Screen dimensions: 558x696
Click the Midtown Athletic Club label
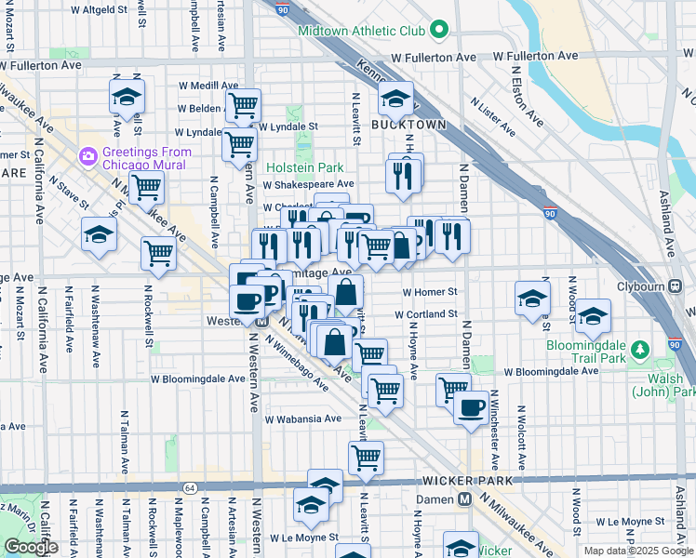pyautogui.click(x=361, y=31)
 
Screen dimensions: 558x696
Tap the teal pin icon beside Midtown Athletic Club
pyautogui.click(x=439, y=32)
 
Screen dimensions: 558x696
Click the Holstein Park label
pyautogui.click(x=304, y=167)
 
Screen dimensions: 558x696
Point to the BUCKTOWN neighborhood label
pyautogui.click(x=407, y=124)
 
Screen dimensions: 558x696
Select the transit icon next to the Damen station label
pyautogui.click(x=462, y=499)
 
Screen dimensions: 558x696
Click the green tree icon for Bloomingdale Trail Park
pyautogui.click(x=638, y=350)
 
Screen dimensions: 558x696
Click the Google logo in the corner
pyautogui.click(x=31, y=546)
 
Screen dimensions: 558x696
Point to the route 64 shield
pyautogui.click(x=190, y=487)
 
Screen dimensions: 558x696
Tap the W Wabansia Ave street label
pyautogui.click(x=302, y=418)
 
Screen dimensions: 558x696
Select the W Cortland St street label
pyautogui.click(x=425, y=314)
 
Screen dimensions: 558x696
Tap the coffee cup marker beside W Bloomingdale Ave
pyautogui.click(x=471, y=406)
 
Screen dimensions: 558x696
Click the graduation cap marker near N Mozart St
pyautogui.click(x=127, y=97)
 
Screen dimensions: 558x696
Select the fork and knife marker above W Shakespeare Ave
pyautogui.click(x=403, y=174)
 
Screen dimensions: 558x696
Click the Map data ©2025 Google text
pyautogui.click(x=637, y=551)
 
